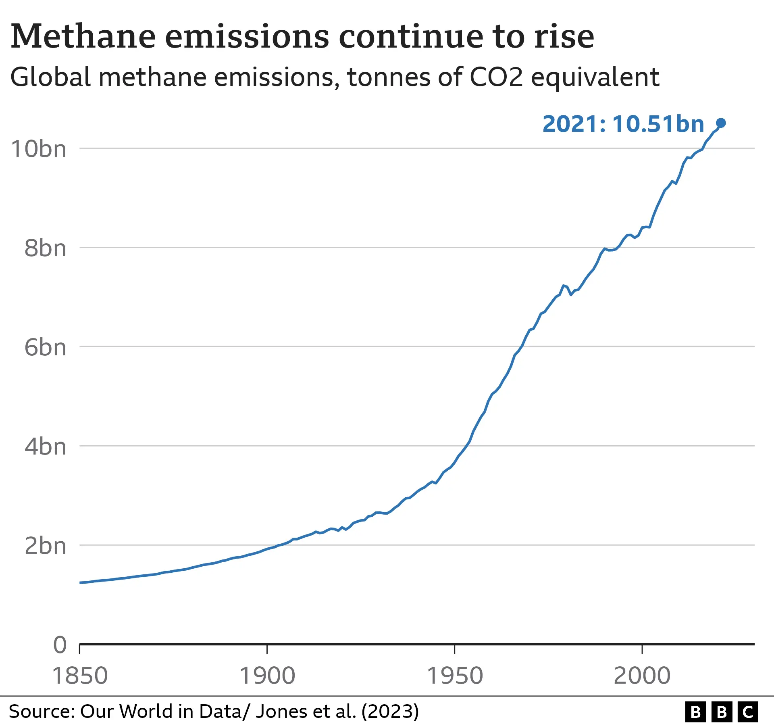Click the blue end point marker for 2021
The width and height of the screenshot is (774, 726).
click(x=721, y=123)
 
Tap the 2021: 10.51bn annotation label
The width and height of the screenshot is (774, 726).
click(x=623, y=124)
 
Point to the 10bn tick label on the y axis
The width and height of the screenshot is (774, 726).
click(x=39, y=149)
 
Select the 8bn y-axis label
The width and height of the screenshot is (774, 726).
click(x=45, y=248)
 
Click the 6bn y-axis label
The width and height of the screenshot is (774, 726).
click(x=45, y=347)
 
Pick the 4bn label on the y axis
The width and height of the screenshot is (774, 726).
click(x=45, y=446)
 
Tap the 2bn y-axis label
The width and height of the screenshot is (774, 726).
click(x=45, y=546)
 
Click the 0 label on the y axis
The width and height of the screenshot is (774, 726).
click(x=60, y=645)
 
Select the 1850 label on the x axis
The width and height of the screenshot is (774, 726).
click(x=80, y=676)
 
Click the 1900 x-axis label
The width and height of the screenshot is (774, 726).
click(x=267, y=676)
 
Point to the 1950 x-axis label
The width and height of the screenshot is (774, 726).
click(x=454, y=676)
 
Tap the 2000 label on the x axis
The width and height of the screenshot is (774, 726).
click(x=642, y=676)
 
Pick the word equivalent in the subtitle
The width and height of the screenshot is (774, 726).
click(x=595, y=77)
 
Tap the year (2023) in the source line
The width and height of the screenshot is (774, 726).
click(x=390, y=711)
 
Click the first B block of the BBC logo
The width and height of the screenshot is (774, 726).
click(x=696, y=712)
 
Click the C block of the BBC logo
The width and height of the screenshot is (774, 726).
click(x=748, y=712)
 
